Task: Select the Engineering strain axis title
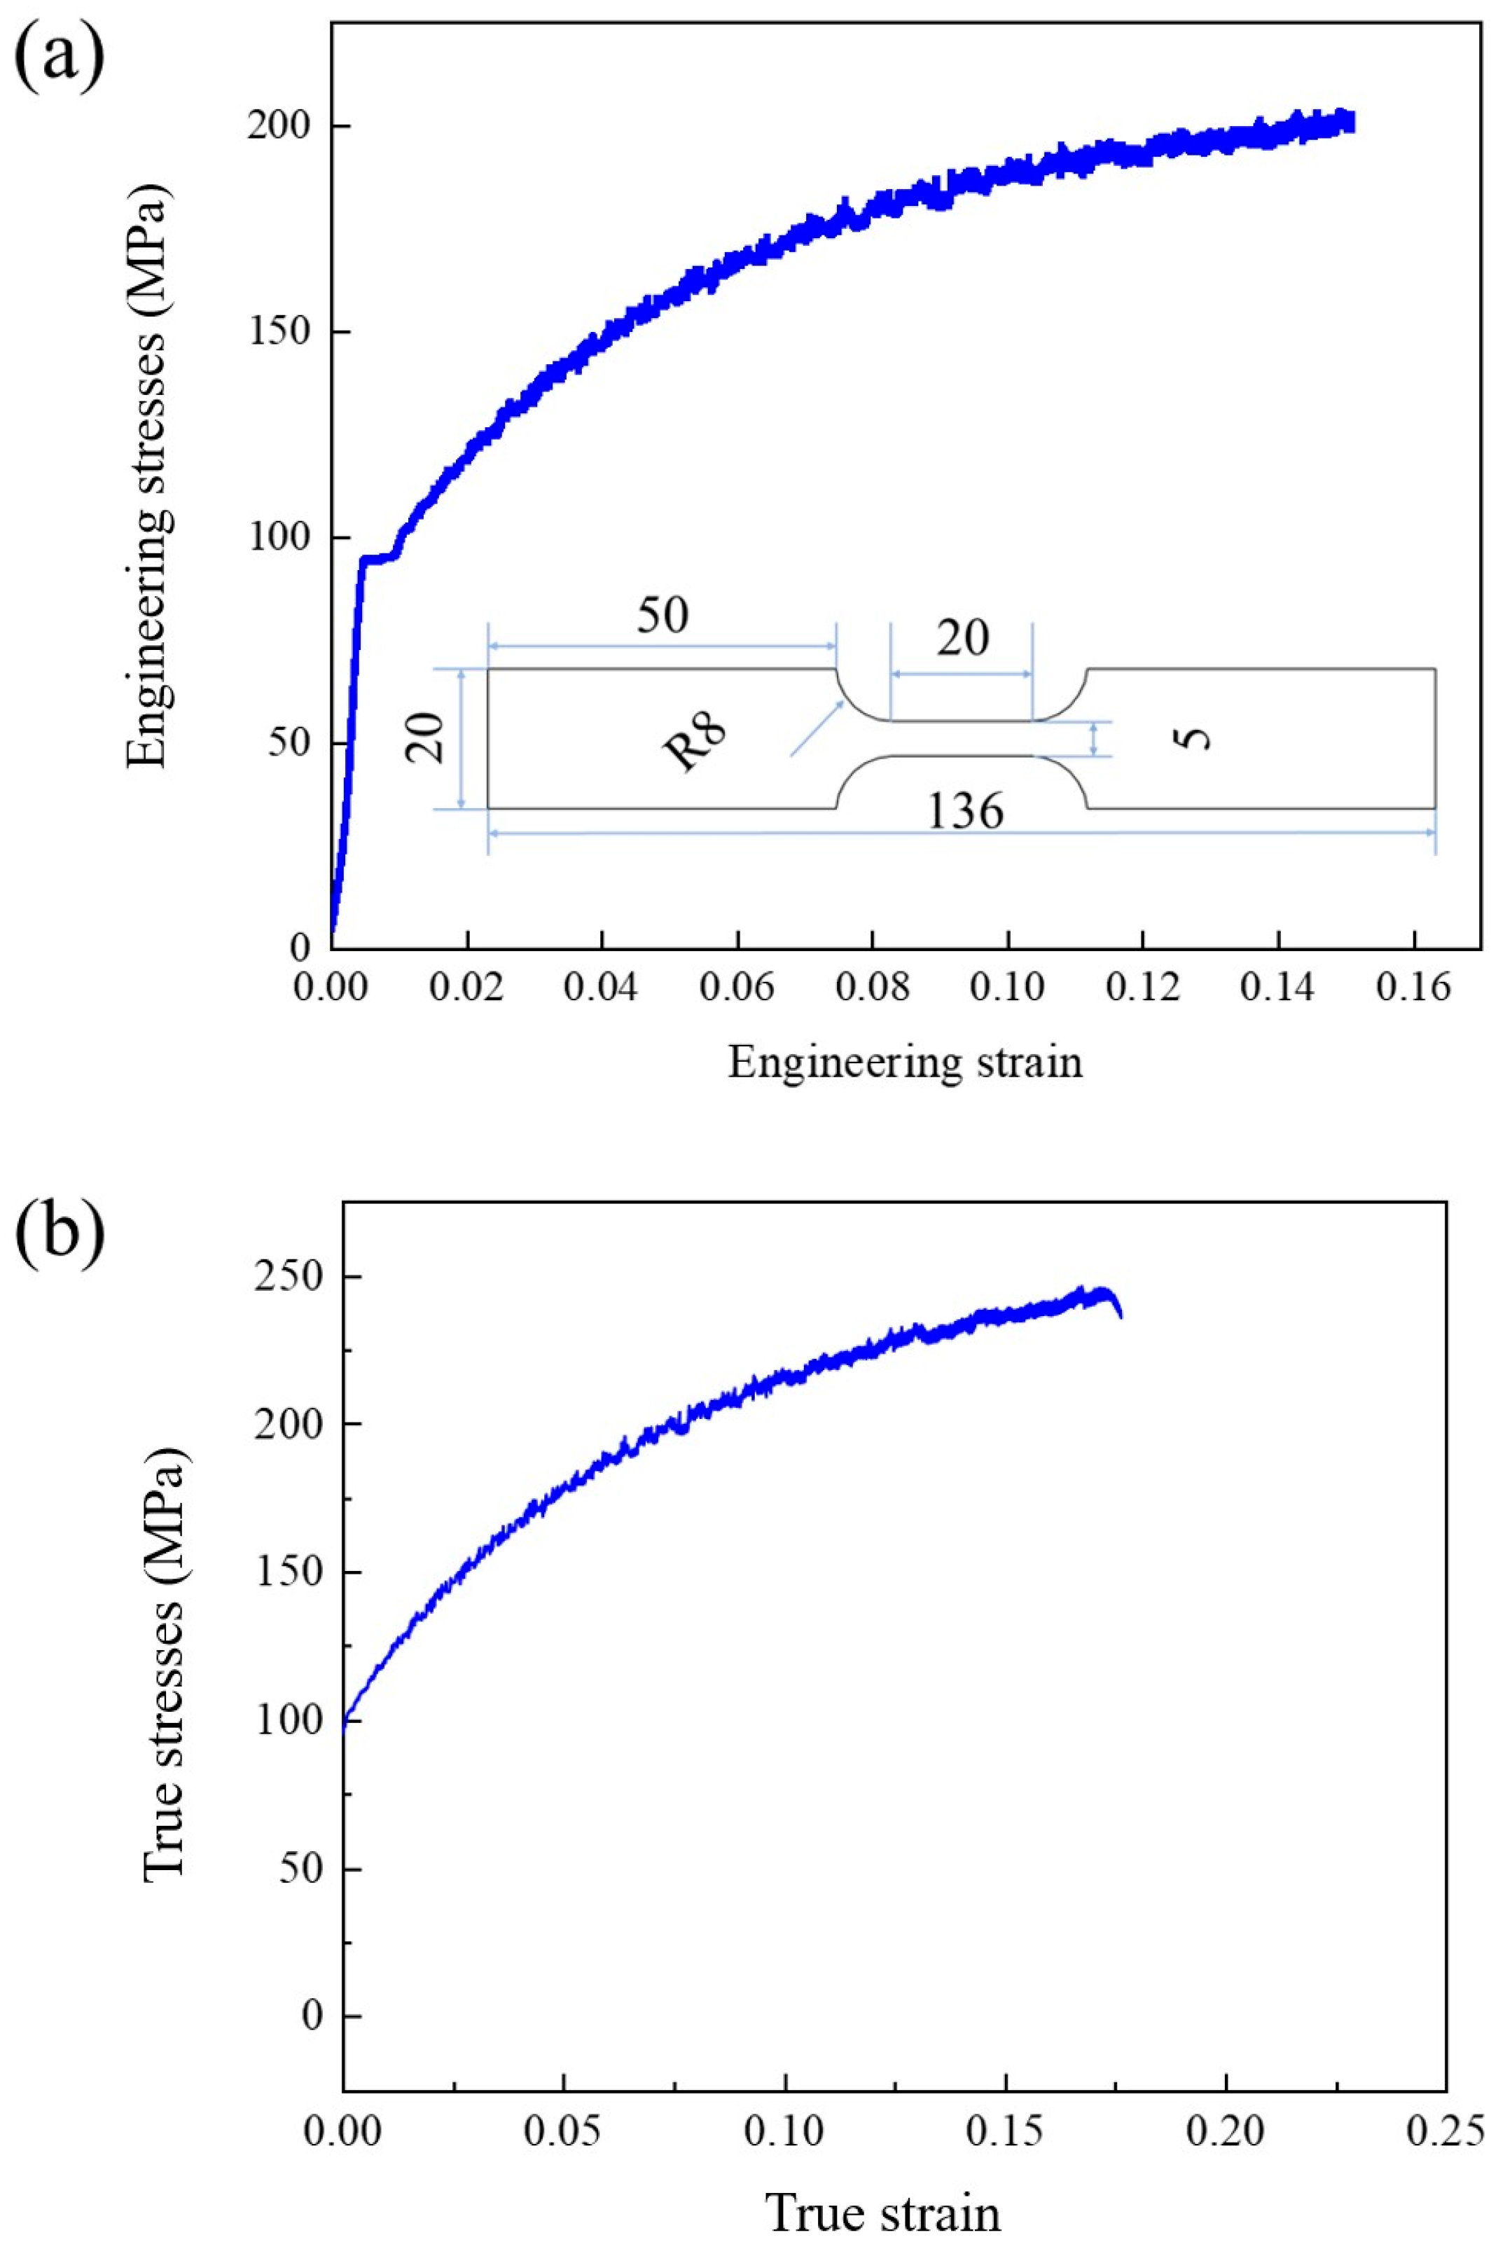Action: (x=905, y=1063)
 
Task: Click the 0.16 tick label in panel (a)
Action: (x=1413, y=986)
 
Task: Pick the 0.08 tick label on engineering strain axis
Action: (x=871, y=986)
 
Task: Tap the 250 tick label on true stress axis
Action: (x=286, y=1278)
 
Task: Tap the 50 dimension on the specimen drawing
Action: (x=662, y=617)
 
